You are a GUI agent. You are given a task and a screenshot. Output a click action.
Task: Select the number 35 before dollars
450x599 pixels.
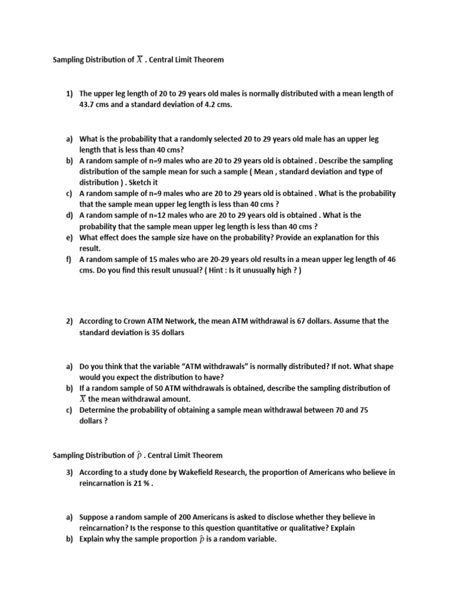(x=154, y=333)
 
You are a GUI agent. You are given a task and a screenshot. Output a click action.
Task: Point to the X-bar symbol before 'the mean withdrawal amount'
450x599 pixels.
(x=83, y=400)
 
